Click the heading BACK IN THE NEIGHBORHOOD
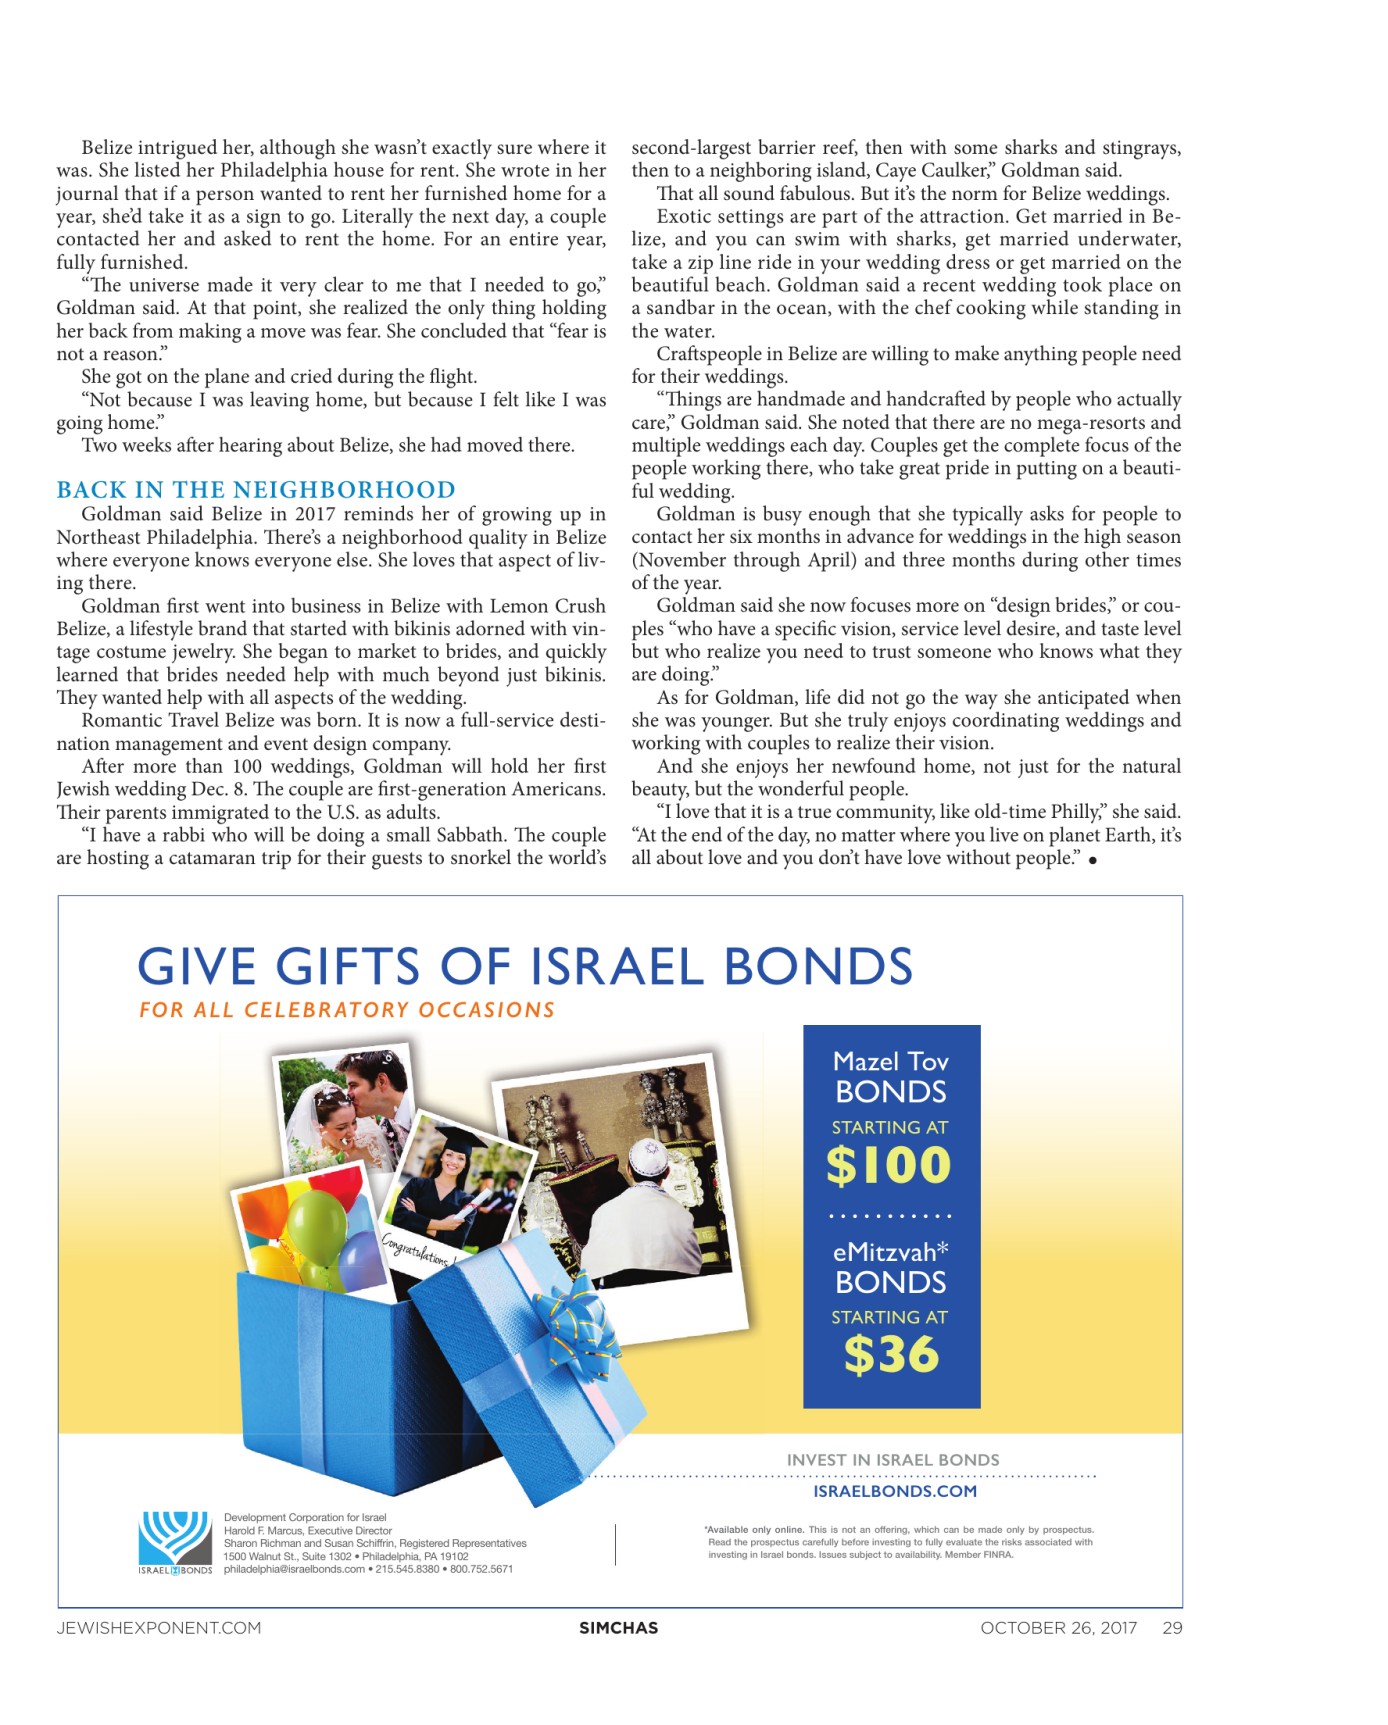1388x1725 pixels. point(256,490)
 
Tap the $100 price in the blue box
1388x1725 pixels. point(889,1165)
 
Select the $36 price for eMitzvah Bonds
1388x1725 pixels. point(891,1355)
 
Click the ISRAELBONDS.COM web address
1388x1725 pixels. point(895,1491)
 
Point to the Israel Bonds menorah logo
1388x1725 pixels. point(175,1537)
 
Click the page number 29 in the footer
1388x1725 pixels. point(1172,1628)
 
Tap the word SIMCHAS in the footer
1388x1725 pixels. point(618,1628)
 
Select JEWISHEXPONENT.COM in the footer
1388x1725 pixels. point(159,1628)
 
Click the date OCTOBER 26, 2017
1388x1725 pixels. point(1058,1628)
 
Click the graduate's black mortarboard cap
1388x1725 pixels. point(456,1139)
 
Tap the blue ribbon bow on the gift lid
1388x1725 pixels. point(573,1318)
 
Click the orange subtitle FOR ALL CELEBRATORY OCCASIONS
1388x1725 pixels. point(347,1010)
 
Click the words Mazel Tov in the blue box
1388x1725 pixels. point(891,1061)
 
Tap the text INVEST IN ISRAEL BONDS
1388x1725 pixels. point(893,1460)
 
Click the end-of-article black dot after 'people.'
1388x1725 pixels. point(1093,860)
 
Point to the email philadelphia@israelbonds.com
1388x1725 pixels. point(294,1569)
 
